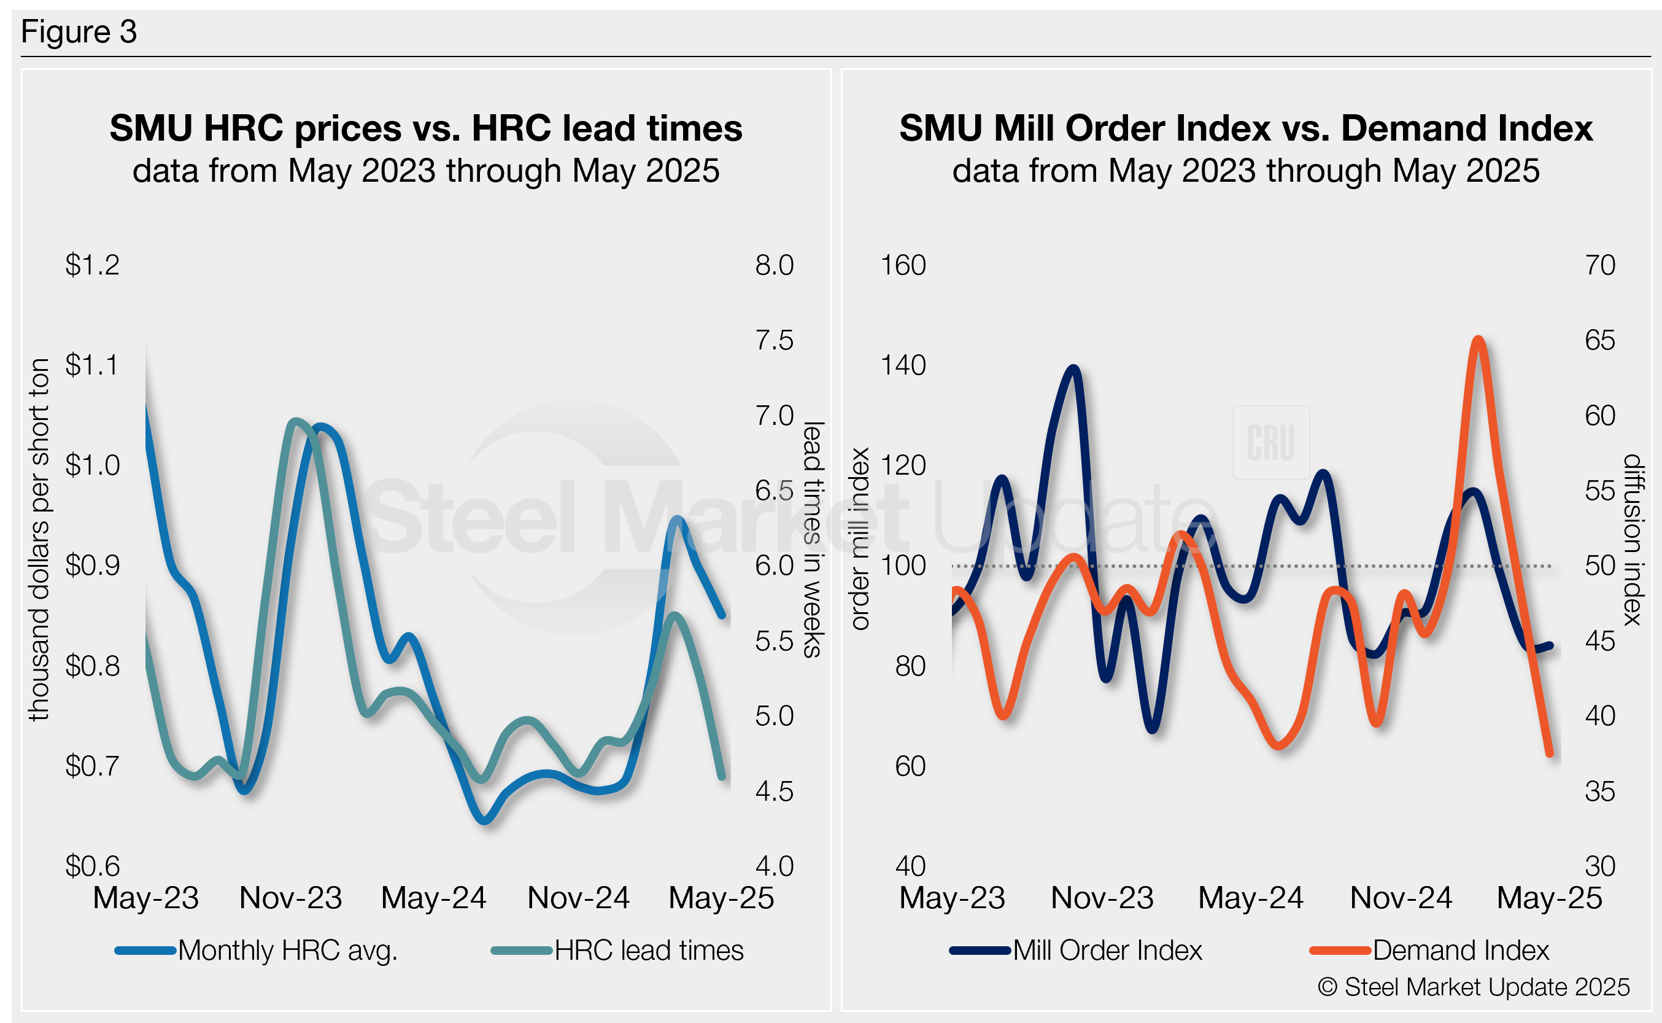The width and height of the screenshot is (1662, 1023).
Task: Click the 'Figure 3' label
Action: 79,32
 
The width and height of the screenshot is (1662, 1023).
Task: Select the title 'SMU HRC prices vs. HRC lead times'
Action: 425,128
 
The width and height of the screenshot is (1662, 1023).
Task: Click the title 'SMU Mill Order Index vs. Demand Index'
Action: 1245,128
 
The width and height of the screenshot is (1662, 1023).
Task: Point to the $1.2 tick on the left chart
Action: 92,265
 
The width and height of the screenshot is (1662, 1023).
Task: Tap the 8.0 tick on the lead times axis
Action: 774,265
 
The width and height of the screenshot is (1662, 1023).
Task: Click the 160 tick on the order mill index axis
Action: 903,265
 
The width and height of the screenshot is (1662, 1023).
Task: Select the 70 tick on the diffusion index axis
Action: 1600,265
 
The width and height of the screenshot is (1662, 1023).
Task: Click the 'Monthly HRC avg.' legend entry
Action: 287,951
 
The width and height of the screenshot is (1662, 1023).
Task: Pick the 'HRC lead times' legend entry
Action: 649,951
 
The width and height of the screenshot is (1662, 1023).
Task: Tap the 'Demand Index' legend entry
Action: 1461,951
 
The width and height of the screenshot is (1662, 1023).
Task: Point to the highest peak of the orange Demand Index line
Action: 1478,340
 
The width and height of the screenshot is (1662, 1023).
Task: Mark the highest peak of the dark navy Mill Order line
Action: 1074,369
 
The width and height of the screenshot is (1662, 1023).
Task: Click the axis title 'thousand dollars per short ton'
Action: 39,539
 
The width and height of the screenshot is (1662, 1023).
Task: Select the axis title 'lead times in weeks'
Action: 812,539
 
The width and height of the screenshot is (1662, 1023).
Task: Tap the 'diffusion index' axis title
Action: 1633,539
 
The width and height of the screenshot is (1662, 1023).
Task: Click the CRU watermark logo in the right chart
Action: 1271,443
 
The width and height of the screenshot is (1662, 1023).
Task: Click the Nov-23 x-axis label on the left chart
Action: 291,898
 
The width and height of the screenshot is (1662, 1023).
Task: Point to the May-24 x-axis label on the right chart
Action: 1251,898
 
